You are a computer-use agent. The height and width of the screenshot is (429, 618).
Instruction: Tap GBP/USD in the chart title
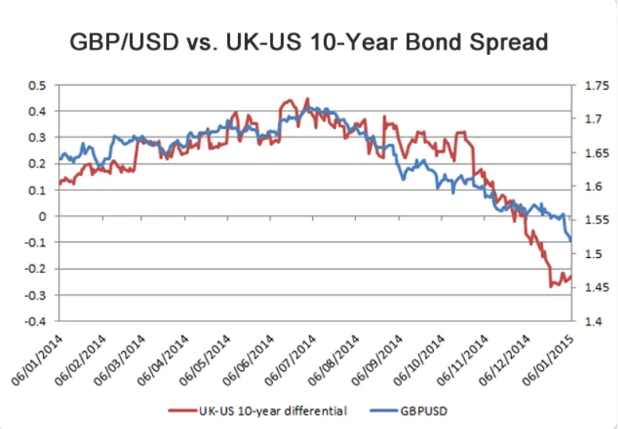point(124,41)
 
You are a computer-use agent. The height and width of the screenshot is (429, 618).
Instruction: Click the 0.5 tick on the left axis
point(37,86)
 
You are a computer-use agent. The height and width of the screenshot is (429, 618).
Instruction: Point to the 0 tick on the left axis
point(43,216)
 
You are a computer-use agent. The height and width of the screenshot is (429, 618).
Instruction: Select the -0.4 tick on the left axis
point(35,321)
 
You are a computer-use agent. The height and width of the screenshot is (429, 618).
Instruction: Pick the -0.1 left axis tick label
point(35,242)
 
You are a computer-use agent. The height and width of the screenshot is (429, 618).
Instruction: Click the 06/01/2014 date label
point(37,360)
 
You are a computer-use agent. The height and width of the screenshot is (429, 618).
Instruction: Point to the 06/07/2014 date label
point(290,360)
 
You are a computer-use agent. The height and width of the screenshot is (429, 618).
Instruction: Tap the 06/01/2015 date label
point(548,360)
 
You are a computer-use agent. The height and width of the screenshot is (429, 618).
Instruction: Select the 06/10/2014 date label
point(419,360)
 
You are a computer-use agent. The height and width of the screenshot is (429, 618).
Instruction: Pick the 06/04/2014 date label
point(163,360)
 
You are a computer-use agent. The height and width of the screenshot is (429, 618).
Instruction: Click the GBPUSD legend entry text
point(424,411)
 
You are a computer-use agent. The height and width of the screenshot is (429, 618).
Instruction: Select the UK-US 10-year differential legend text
point(273,411)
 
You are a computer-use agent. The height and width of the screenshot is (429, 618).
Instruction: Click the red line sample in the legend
point(183,411)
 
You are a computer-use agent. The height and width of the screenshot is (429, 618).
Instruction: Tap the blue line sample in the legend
point(384,411)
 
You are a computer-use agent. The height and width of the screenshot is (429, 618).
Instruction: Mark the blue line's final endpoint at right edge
point(571,241)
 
